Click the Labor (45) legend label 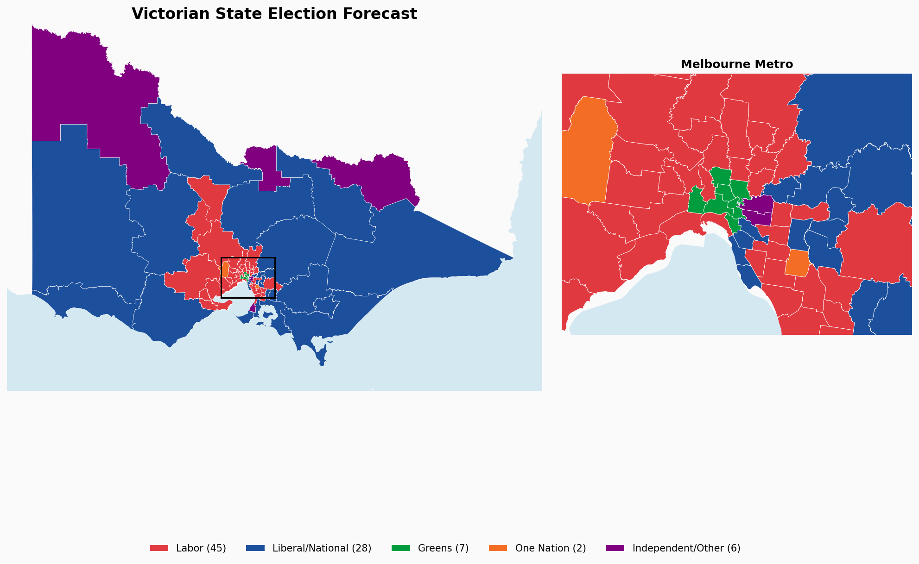pyautogui.click(x=201, y=548)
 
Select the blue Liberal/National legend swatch pyautogui.click(x=255, y=548)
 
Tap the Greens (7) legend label pyautogui.click(x=443, y=548)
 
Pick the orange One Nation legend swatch pyautogui.click(x=498, y=548)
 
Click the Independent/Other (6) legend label pyautogui.click(x=686, y=548)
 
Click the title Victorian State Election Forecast pyautogui.click(x=274, y=14)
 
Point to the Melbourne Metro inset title pyautogui.click(x=736, y=64)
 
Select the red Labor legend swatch pyautogui.click(x=159, y=548)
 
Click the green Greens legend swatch pyautogui.click(x=401, y=548)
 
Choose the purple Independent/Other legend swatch pyautogui.click(x=615, y=548)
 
